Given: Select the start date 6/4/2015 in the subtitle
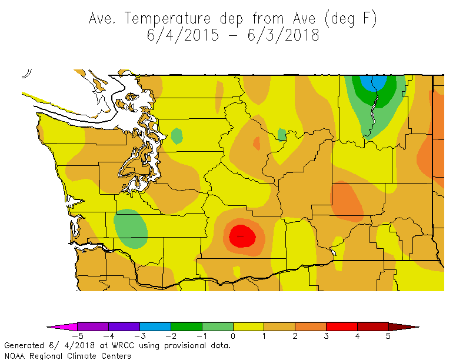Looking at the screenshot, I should pyautogui.click(x=183, y=35).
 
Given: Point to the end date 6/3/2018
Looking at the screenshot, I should pyautogui.click(x=285, y=35).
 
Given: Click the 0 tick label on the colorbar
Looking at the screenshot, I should pyautogui.click(x=233, y=336).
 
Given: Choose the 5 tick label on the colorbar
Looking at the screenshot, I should pyautogui.click(x=388, y=336).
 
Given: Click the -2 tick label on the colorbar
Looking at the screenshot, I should pyautogui.click(x=169, y=336).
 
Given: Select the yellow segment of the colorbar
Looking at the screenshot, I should pyautogui.click(x=248, y=326).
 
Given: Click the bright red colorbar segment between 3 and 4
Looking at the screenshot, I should pyautogui.click(x=342, y=326).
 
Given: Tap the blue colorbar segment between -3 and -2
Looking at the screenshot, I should pyautogui.click(x=155, y=326).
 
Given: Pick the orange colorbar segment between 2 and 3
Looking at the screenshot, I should pyautogui.click(x=311, y=326).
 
